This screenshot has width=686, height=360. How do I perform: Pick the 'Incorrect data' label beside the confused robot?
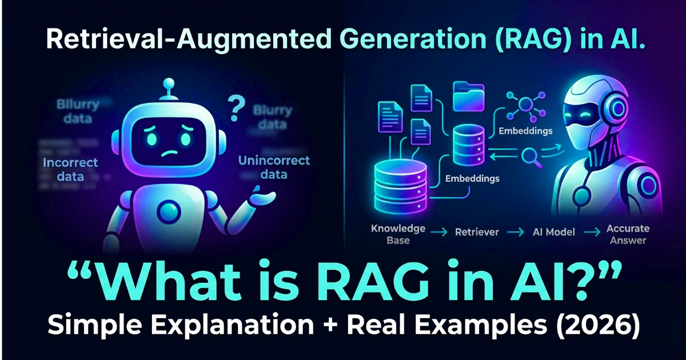tap(70, 169)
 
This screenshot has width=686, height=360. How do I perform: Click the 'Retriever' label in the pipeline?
tap(477, 233)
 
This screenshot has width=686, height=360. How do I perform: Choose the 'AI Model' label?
tap(553, 233)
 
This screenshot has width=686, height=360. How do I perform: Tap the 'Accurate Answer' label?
tap(628, 234)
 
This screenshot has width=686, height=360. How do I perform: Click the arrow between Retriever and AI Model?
tap(515, 233)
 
